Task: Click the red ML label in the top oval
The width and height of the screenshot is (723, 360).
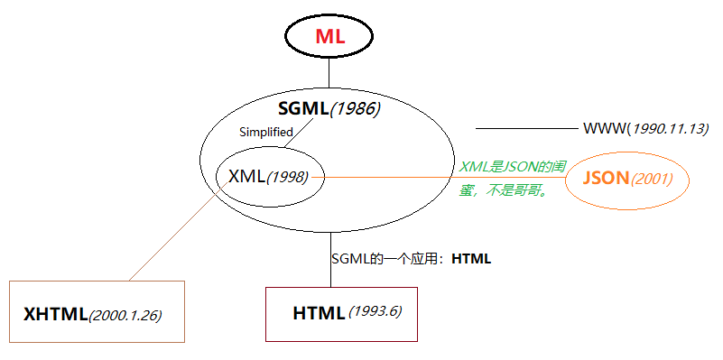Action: (x=329, y=37)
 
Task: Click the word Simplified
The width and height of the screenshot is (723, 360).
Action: (x=265, y=132)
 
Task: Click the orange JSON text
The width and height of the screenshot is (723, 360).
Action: (x=605, y=178)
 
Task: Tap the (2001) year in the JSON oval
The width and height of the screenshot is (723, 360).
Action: (x=652, y=179)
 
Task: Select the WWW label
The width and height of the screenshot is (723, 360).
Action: (x=605, y=128)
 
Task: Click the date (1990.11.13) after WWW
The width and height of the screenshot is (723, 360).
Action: (x=669, y=128)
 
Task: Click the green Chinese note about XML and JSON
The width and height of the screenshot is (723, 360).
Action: (x=512, y=179)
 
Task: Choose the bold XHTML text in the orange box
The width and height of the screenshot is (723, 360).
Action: (x=55, y=315)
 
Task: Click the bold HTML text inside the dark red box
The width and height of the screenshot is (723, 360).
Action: (x=318, y=314)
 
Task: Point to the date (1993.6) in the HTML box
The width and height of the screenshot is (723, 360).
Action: (x=375, y=313)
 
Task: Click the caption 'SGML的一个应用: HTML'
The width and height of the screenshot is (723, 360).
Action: (x=411, y=259)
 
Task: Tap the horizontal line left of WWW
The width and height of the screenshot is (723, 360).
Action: (x=524, y=128)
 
